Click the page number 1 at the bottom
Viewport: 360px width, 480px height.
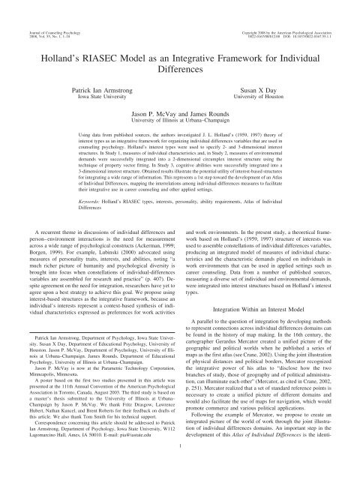point(180,468)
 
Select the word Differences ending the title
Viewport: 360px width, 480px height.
point(180,64)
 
